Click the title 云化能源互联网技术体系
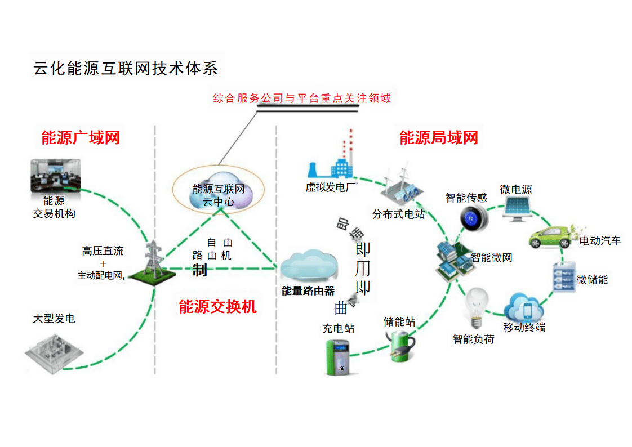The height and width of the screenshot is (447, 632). tap(125, 68)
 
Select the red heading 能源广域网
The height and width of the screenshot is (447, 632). tap(81, 137)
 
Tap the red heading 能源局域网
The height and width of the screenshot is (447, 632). tap(439, 137)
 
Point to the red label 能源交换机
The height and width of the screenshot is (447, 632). tap(217, 306)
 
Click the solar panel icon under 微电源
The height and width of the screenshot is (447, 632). tap(517, 209)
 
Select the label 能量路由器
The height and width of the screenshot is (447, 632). tap(308, 291)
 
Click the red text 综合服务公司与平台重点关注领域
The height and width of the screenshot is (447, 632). tap(302, 99)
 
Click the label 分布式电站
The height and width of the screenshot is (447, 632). tap(398, 214)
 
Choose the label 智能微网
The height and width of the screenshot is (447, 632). tap(491, 258)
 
